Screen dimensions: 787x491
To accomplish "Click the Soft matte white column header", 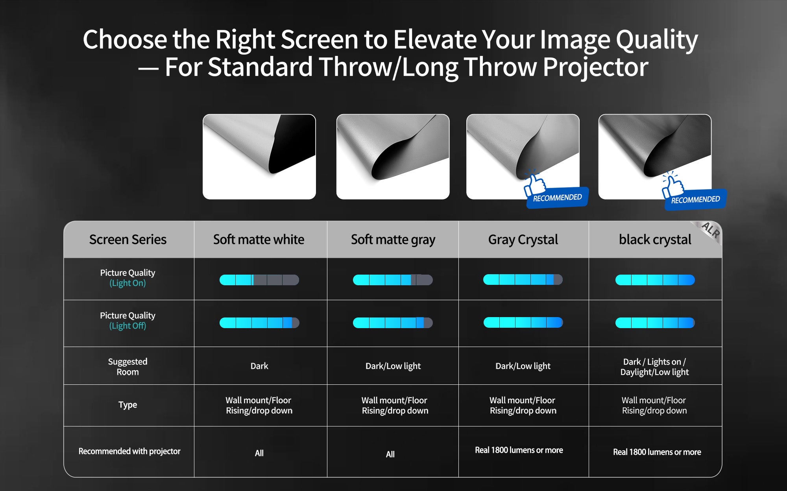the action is pos(259,239).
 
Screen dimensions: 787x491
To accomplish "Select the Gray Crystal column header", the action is pos(523,240).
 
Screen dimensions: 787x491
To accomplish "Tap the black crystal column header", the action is pos(655,240).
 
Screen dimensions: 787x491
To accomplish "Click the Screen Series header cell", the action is pos(128,239).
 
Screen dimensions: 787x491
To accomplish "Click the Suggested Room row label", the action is pos(128,367).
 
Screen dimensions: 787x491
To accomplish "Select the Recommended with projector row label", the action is pos(129,451).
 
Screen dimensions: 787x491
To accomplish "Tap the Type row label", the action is pos(128,405).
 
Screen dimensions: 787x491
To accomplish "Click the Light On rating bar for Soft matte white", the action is pos(259,280).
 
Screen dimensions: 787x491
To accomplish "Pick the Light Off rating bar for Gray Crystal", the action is pos(523,322).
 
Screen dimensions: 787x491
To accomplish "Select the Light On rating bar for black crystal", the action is pos(655,280).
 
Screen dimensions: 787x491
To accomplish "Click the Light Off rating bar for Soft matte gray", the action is pos(393,323).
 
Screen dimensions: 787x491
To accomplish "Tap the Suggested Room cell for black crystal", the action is pos(655,367).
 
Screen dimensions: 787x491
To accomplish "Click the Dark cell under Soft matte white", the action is pos(259,366).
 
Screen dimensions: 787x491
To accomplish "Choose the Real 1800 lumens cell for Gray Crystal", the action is pos(519,450).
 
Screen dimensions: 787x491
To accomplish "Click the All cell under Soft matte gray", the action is pos(390,454).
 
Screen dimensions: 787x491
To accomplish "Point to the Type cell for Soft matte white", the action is pos(259,405).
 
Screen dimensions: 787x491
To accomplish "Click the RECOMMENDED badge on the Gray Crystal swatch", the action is pos(557,198).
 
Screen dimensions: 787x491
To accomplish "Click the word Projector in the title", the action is pos(595,67).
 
